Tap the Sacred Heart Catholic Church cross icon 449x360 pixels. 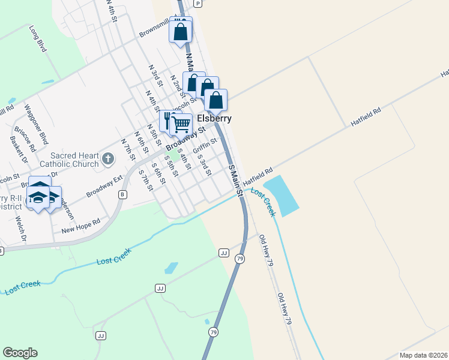(x=107, y=159)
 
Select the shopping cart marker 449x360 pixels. (x=181, y=125)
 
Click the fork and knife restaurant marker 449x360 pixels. (x=169, y=119)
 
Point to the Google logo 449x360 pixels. (x=20, y=353)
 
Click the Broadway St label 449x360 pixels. (x=185, y=138)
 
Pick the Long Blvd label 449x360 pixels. (x=37, y=39)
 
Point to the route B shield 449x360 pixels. (x=123, y=194)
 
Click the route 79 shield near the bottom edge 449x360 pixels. (x=213, y=332)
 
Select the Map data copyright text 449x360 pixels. (x=423, y=355)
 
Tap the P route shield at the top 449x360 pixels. (x=197, y=4)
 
